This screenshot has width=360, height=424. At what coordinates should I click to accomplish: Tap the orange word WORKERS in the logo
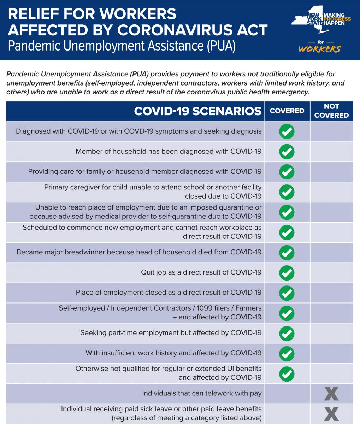(x=319, y=49)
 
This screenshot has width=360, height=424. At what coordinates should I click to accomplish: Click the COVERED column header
(x=287, y=111)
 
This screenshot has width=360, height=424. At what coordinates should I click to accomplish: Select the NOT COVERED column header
(x=331, y=111)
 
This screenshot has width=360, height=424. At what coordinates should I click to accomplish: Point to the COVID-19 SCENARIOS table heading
(x=198, y=111)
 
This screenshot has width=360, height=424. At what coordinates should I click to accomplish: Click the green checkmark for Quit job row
(x=287, y=272)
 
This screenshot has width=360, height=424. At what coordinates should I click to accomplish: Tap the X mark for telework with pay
(x=331, y=394)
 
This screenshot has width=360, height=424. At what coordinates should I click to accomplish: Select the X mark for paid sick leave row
(x=331, y=414)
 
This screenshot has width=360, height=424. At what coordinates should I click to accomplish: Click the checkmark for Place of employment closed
(x=287, y=293)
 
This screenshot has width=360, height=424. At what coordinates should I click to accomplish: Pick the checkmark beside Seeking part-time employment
(x=287, y=333)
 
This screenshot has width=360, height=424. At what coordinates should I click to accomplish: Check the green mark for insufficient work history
(x=287, y=353)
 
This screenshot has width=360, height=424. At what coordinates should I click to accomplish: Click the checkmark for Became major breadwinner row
(x=287, y=252)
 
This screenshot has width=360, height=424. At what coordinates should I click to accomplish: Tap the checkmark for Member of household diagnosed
(x=287, y=152)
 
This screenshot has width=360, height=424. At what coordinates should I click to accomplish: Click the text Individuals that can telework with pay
(x=202, y=393)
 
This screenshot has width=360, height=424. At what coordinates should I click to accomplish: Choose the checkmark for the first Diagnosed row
(x=287, y=131)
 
